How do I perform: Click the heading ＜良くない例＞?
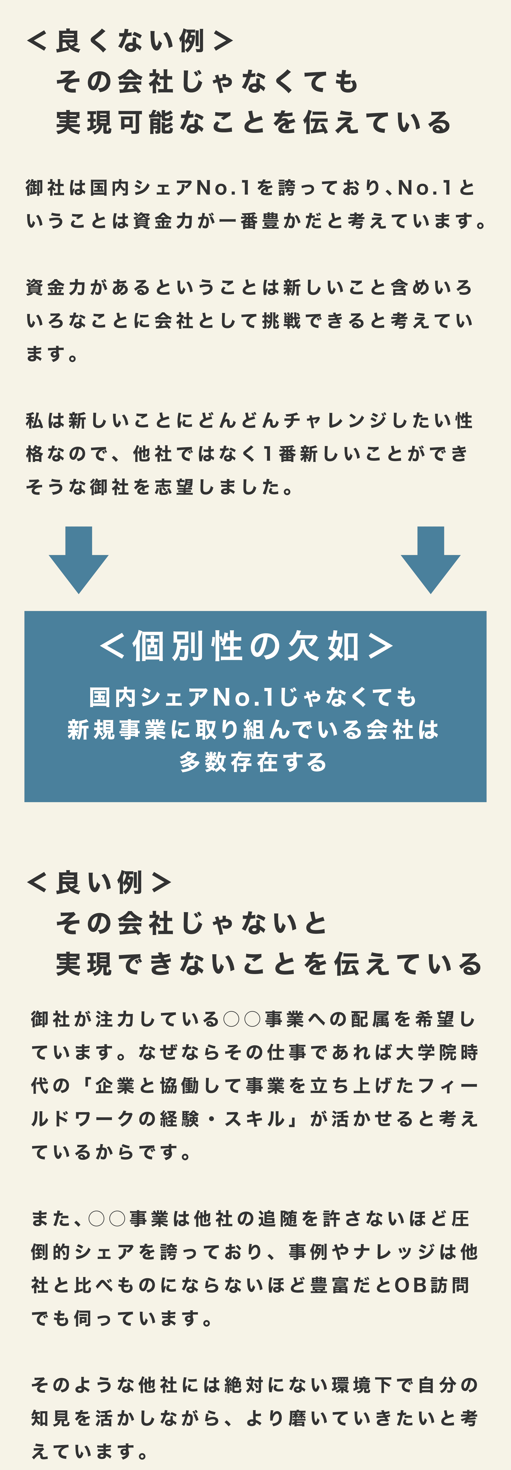coord(130,41)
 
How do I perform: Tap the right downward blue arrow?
coord(430,560)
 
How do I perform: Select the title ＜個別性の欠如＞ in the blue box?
coord(247,646)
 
